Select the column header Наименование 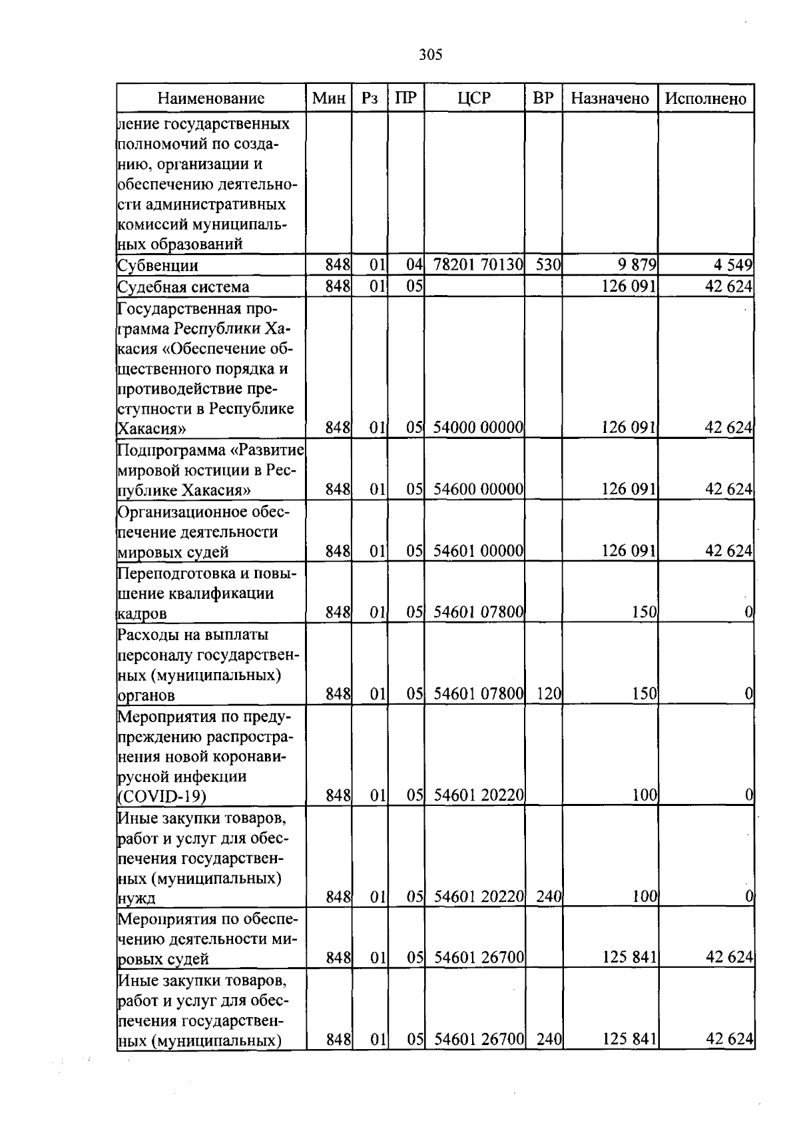pos(211,99)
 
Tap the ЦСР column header pos(474,99)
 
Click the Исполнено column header pos(706,99)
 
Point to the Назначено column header pos(610,99)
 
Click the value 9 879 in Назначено pos(637,265)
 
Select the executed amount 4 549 pos(732,265)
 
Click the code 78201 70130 pos(478,265)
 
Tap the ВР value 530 pos(548,265)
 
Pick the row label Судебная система pos(183,287)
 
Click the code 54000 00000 pos(478,428)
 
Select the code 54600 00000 pos(478,490)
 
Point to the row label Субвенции pos(158,266)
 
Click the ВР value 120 pos(549,695)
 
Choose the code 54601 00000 pos(478,551)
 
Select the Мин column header pos(329,99)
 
